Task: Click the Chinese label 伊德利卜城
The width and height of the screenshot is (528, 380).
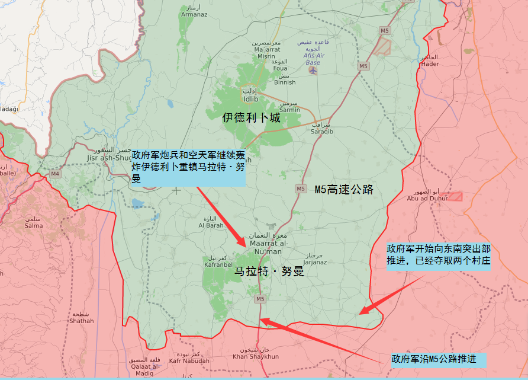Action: click(251, 118)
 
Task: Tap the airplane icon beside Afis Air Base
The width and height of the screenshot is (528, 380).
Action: click(313, 71)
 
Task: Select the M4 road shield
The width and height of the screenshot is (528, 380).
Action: click(55, 174)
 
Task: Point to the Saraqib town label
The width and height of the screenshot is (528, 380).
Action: click(322, 132)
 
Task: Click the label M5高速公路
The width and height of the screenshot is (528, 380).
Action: click(344, 190)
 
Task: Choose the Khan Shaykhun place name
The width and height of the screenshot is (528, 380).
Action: click(255, 356)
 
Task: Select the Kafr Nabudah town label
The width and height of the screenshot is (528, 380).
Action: click(189, 360)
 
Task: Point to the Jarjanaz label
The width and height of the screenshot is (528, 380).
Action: click(314, 261)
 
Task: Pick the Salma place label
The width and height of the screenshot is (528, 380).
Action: click(33, 225)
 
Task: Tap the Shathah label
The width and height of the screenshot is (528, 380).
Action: click(81, 321)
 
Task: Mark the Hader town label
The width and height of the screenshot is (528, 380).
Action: click(430, 64)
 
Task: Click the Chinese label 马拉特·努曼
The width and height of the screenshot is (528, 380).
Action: click(269, 272)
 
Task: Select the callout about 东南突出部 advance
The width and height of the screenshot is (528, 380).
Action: click(439, 256)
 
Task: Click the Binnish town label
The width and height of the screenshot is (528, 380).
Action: click(285, 82)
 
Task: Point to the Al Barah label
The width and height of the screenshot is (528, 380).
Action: click(211, 225)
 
